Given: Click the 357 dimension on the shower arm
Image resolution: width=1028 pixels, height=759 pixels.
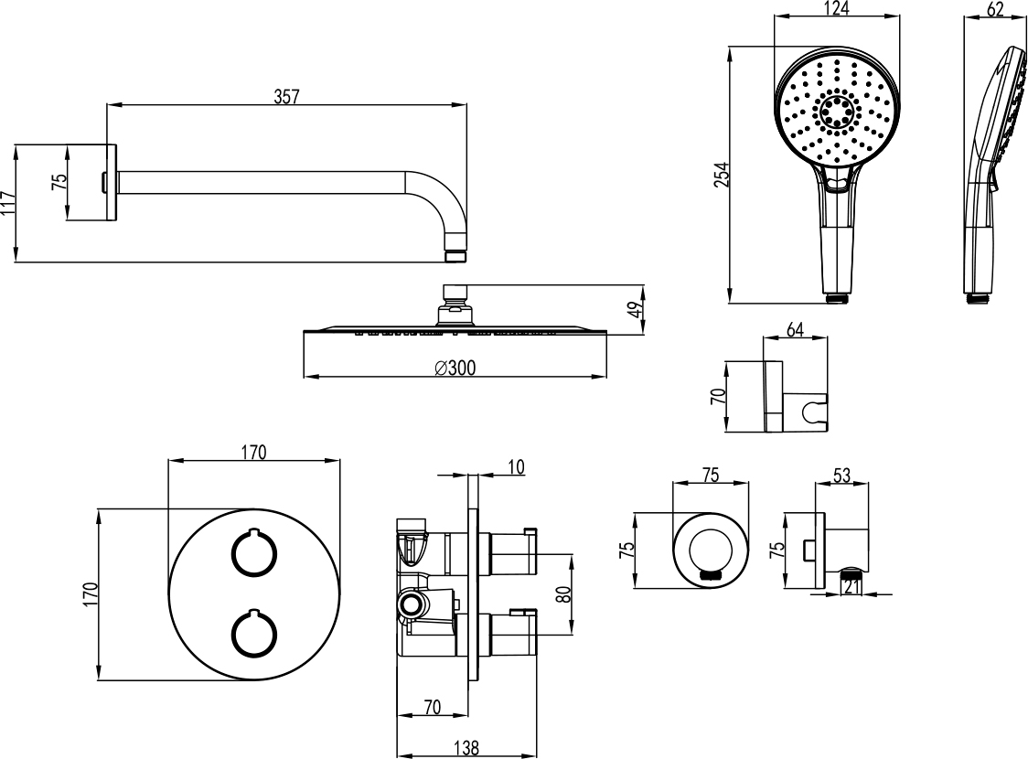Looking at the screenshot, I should click(x=287, y=95).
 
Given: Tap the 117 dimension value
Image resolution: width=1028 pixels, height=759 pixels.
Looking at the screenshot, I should click(x=8, y=203).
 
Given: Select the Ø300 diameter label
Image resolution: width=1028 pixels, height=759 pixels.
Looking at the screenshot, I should click(x=455, y=367).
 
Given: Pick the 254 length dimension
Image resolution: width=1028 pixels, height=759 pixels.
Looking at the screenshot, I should click(x=721, y=174).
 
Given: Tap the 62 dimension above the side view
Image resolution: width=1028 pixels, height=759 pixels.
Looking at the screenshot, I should click(x=995, y=9).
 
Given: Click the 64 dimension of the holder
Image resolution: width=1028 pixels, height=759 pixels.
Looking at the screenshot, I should click(x=795, y=329).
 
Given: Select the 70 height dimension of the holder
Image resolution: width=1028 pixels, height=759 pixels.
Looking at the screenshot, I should click(x=718, y=396).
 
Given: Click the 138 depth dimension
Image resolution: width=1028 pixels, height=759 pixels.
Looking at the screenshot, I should click(x=466, y=747).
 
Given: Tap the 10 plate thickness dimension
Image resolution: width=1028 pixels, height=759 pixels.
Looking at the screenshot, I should click(x=516, y=467).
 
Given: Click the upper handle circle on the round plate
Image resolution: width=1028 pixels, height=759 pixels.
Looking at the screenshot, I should click(x=252, y=553).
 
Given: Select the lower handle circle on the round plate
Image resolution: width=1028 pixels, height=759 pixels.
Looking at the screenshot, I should click(x=252, y=634).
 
